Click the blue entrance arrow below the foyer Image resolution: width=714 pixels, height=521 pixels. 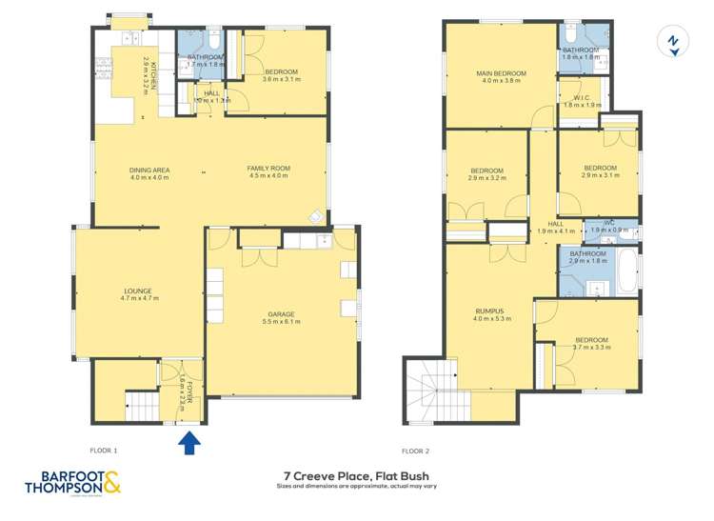(188, 440)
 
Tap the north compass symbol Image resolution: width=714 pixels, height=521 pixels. (673, 42)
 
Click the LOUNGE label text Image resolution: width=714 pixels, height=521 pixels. (138, 291)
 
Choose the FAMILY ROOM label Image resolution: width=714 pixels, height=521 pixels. (268, 170)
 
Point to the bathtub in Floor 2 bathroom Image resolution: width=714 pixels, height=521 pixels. (626, 270)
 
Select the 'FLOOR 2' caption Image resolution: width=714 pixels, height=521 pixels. (416, 451)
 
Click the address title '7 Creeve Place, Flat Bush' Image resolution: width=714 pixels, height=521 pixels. (356, 473)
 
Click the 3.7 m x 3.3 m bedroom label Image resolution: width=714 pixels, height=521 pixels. (591, 344)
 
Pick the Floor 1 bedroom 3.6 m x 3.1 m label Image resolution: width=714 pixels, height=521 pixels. (281, 75)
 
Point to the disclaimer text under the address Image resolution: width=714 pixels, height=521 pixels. (356, 488)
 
